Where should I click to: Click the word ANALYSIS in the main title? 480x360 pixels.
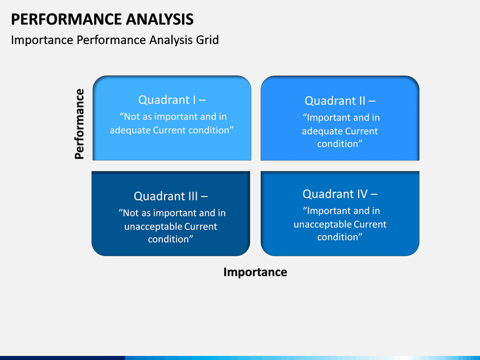(x=159, y=19)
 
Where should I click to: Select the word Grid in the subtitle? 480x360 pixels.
(x=207, y=40)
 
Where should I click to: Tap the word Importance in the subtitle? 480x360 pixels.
(x=42, y=41)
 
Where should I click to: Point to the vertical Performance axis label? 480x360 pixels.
(x=79, y=124)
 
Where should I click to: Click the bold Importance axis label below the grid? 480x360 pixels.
(x=255, y=272)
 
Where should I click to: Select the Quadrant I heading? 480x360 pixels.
(x=172, y=100)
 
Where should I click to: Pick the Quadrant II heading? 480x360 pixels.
(x=340, y=101)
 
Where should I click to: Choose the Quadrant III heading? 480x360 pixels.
(x=171, y=196)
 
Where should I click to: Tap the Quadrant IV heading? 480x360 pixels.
(x=340, y=194)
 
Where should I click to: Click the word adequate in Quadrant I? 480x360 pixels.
(x=130, y=131)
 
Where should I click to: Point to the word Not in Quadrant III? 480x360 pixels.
(x=130, y=213)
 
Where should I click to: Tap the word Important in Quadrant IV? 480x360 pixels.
(x=326, y=211)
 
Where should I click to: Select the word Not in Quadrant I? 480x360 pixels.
(x=131, y=117)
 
